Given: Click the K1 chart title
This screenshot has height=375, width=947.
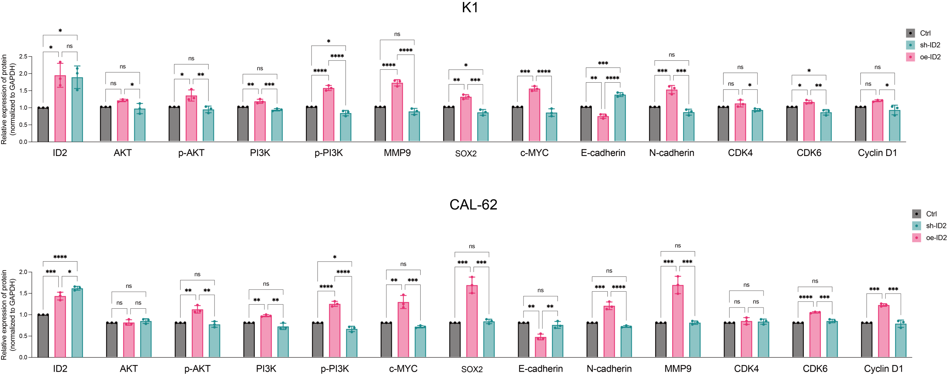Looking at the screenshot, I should click(x=470, y=7).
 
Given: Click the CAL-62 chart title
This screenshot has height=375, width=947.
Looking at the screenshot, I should click(x=473, y=205).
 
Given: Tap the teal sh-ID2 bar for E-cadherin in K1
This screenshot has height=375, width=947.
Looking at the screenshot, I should click(x=620, y=119).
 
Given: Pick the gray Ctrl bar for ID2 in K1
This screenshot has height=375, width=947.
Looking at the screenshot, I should click(x=43, y=125).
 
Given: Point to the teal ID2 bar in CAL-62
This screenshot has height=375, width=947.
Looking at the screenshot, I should click(x=77, y=323).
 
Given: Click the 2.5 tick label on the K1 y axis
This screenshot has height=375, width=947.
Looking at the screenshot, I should click(x=23, y=57).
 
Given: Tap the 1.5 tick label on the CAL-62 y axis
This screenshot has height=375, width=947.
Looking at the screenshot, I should click(x=23, y=293).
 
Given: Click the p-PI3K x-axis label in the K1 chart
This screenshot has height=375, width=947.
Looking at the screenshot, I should click(x=328, y=153).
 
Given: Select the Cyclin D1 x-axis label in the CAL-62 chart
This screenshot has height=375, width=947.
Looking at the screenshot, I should click(x=883, y=369).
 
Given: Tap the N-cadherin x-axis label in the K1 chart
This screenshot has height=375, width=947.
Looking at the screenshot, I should click(x=671, y=153).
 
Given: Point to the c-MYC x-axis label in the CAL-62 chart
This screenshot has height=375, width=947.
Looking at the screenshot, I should click(x=403, y=369).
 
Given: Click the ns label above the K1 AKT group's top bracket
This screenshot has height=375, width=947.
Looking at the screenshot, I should click(x=122, y=67).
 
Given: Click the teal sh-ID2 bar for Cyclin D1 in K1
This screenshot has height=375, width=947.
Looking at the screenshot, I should click(x=894, y=126).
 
